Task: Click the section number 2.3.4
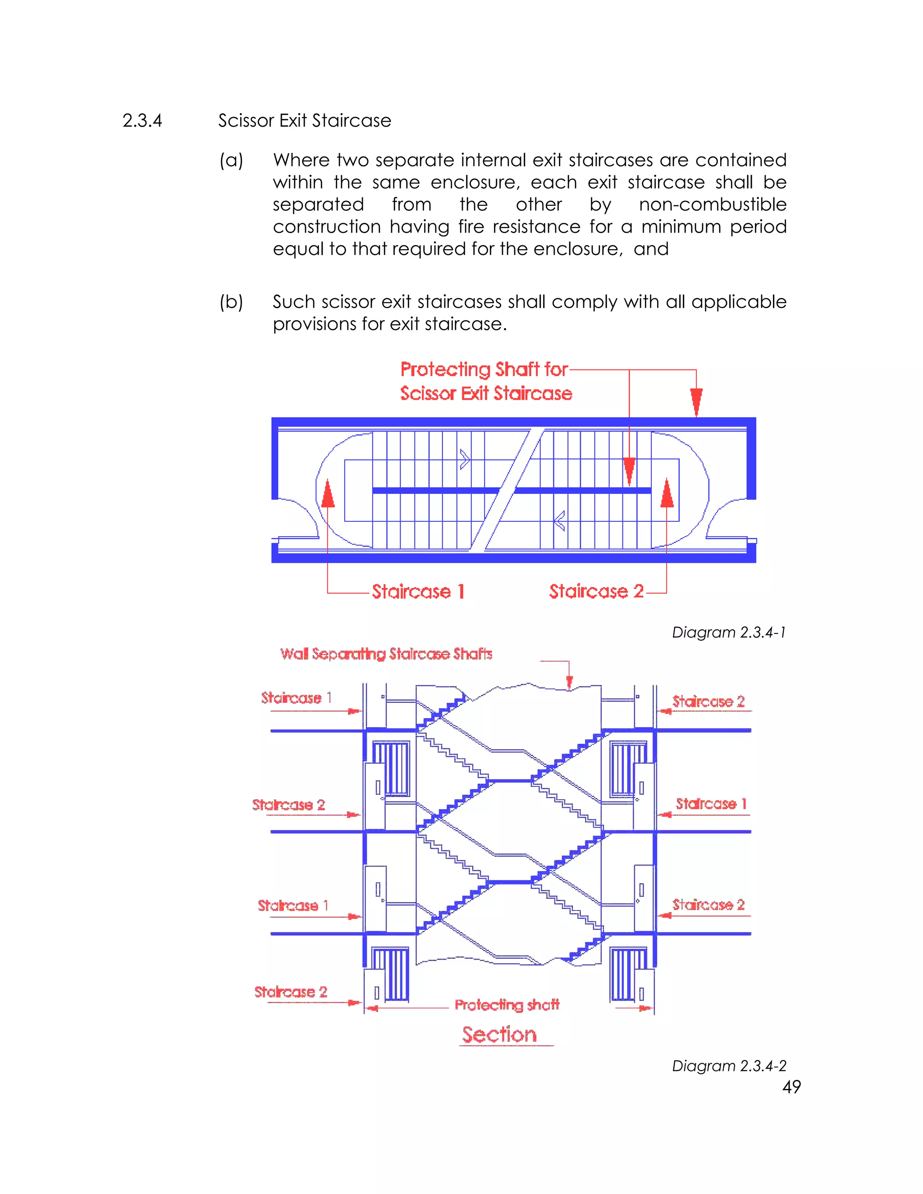click(x=142, y=121)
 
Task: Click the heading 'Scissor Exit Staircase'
click(x=305, y=121)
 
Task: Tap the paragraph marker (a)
click(x=231, y=160)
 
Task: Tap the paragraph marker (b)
click(x=231, y=302)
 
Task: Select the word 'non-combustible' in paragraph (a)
click(x=713, y=205)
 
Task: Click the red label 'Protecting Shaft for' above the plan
click(x=484, y=369)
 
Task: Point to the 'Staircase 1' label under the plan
click(x=418, y=592)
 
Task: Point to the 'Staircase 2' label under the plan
click(x=596, y=592)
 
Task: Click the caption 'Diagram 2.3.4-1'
click(x=729, y=633)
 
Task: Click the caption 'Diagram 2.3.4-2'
click(x=729, y=1066)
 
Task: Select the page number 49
click(x=791, y=1087)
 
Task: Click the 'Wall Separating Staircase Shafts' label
click(x=386, y=654)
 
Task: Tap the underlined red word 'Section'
click(x=499, y=1034)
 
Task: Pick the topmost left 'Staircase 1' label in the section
click(x=296, y=698)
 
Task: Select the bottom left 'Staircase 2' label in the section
click(x=290, y=992)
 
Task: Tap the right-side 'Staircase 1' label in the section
click(x=711, y=804)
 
